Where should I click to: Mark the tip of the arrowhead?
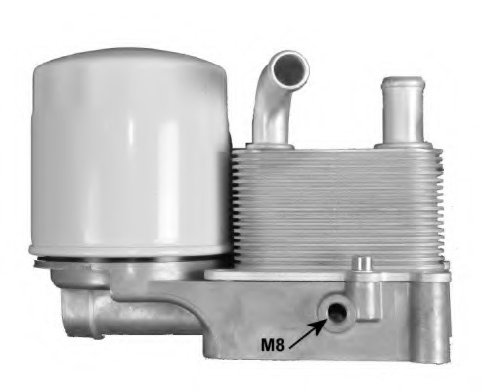click(x=326, y=316)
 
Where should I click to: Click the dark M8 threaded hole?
click(x=336, y=311)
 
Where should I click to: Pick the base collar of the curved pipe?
click(x=269, y=138)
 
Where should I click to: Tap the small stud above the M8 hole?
click(x=363, y=267)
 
